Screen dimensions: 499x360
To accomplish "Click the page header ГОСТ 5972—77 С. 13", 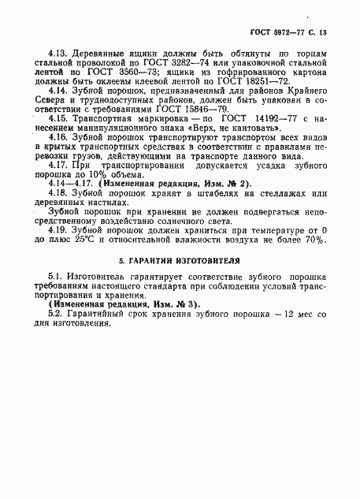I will click(x=294, y=32).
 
